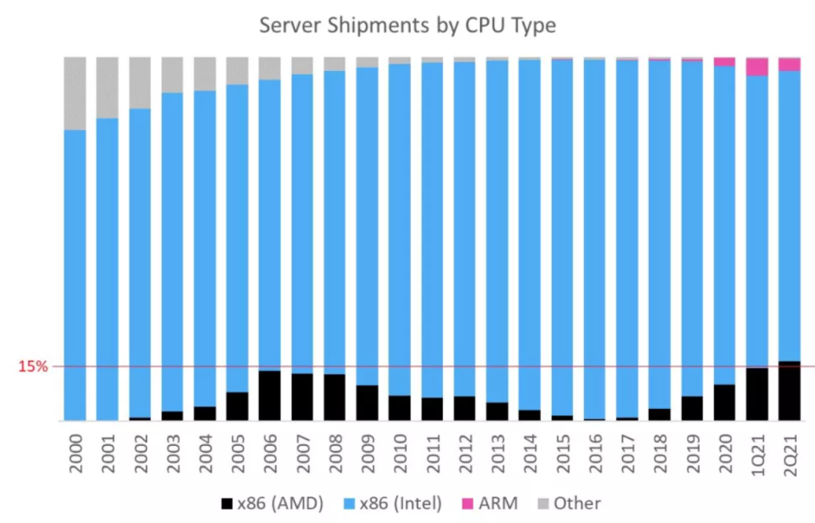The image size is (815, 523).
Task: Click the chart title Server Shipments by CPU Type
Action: (x=407, y=25)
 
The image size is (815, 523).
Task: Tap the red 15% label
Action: (x=33, y=367)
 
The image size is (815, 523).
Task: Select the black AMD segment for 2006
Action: (x=269, y=395)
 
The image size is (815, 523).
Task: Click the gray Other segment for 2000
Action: (x=75, y=93)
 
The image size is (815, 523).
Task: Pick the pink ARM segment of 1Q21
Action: (x=757, y=66)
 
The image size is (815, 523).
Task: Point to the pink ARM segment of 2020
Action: (x=724, y=62)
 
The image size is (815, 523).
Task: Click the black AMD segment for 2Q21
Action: (x=789, y=390)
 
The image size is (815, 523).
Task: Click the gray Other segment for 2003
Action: (x=172, y=75)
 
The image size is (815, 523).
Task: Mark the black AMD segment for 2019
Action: (x=692, y=408)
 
